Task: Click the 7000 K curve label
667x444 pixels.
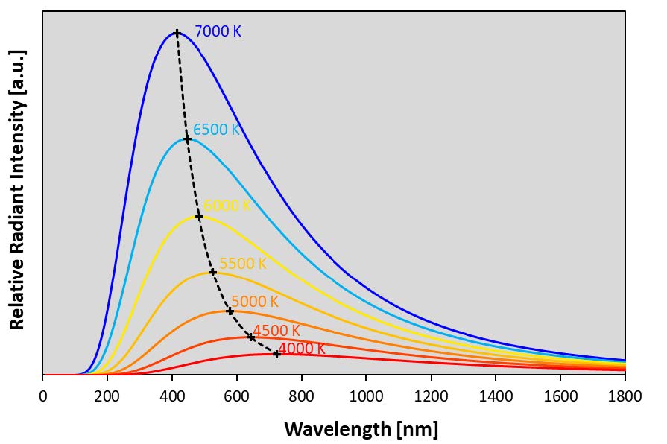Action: tap(218, 32)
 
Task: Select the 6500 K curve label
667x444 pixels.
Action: tap(216, 130)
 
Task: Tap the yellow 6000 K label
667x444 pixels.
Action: tap(227, 206)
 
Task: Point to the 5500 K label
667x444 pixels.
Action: tap(242, 264)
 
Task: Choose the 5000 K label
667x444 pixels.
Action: tap(254, 302)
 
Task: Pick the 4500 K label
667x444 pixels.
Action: tap(276, 331)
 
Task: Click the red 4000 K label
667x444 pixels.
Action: tap(302, 348)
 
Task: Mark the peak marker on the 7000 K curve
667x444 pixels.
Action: tap(177, 33)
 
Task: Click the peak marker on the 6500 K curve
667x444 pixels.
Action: tap(188, 139)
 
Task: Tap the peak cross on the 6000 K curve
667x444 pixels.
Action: tap(199, 217)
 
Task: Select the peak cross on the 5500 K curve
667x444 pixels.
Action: tap(212, 273)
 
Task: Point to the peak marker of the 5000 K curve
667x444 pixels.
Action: tap(230, 311)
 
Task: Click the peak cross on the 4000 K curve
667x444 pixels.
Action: tap(276, 354)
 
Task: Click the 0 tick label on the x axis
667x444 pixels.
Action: tap(42, 396)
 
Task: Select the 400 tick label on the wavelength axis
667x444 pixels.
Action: tap(172, 396)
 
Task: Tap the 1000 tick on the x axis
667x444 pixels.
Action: tap(366, 396)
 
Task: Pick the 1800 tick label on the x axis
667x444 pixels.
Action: tap(625, 396)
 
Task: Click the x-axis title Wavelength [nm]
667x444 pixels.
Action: tap(361, 429)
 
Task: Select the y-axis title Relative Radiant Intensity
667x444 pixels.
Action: tap(18, 190)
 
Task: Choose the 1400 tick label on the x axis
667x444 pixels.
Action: tap(496, 396)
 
